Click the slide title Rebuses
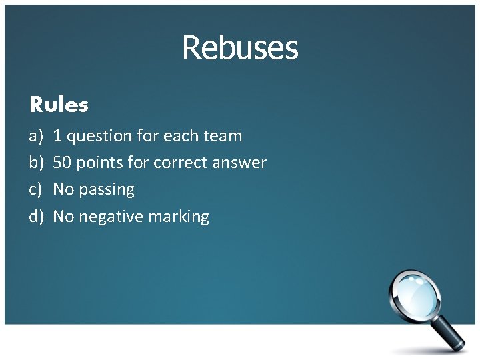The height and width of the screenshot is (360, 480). click(x=240, y=48)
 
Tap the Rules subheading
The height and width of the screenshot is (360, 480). click(x=59, y=105)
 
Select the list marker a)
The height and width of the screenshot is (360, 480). click(x=35, y=137)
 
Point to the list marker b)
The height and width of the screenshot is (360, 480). click(x=35, y=163)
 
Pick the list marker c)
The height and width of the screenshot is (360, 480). click(x=35, y=190)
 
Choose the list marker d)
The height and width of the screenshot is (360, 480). click(x=36, y=217)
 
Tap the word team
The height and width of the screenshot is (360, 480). click(x=222, y=137)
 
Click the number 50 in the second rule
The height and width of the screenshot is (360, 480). click(x=62, y=163)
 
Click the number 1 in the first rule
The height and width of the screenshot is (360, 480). click(x=57, y=137)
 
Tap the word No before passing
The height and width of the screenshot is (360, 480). click(x=63, y=190)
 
